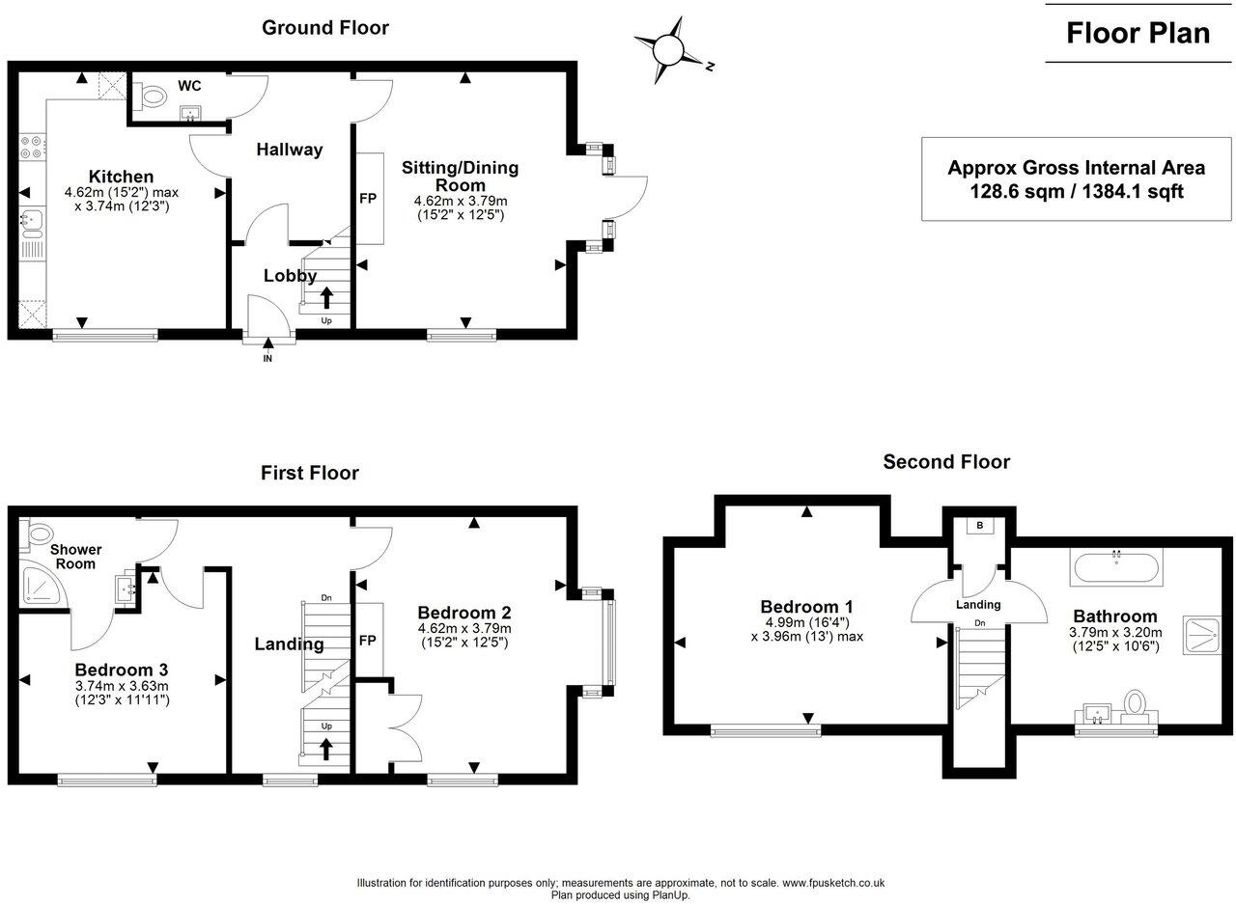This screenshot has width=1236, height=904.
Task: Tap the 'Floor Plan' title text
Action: coord(1138,33)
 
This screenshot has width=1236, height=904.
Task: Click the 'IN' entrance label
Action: coord(267,359)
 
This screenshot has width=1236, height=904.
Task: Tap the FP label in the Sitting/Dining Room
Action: coord(368,199)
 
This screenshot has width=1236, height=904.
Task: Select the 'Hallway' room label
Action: coord(289,150)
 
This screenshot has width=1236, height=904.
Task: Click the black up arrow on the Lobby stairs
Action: coord(325,296)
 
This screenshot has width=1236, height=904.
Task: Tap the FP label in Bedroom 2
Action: coord(368,639)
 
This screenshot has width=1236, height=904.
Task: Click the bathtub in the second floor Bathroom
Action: coord(1116,566)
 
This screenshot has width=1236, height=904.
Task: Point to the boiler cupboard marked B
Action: coord(979,527)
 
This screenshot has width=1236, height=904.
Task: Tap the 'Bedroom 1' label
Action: coord(806,607)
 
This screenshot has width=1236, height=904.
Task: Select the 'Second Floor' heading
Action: coord(946,462)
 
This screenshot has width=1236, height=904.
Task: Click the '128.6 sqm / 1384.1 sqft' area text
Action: coord(1077,192)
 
